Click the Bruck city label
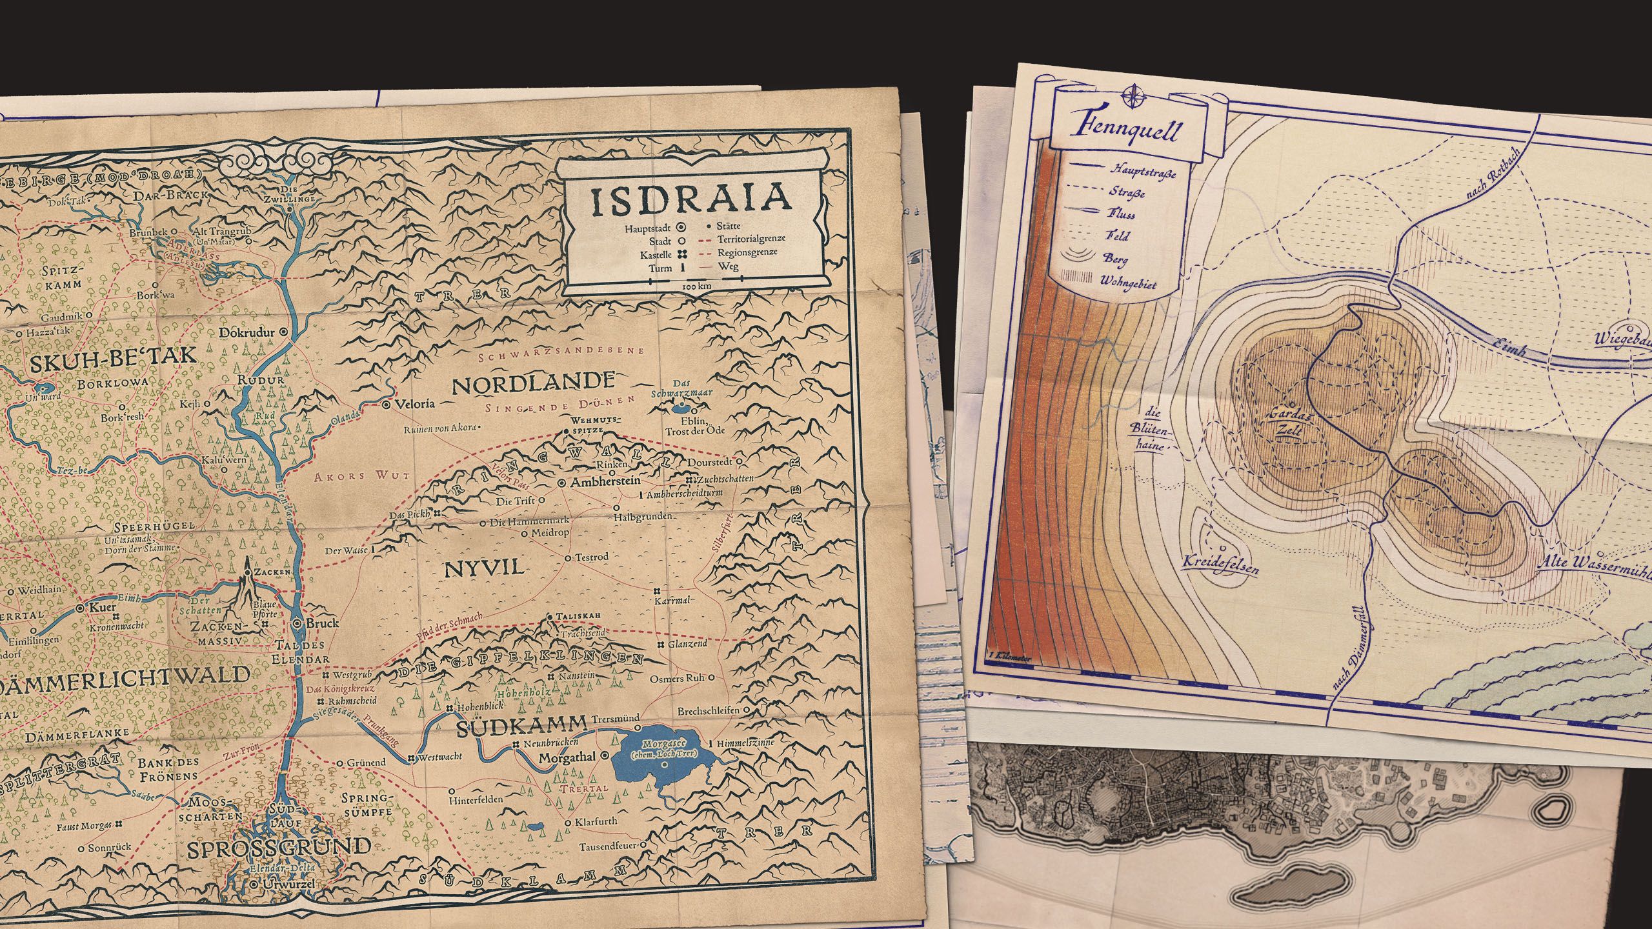click(322, 624)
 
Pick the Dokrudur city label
click(248, 333)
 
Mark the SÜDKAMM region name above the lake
click(522, 728)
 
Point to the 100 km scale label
click(696, 285)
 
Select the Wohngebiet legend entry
click(1128, 282)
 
